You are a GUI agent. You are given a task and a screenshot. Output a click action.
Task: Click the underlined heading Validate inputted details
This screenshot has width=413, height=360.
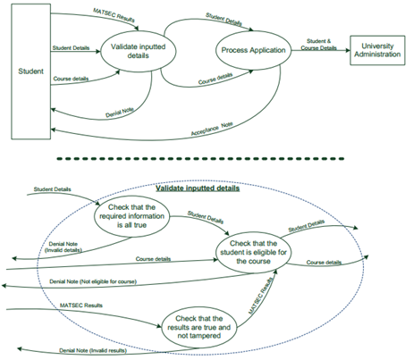pos(198,189)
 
